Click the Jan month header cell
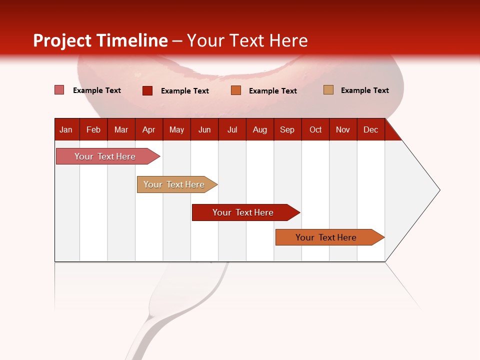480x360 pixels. (x=66, y=129)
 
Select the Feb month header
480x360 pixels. (x=93, y=129)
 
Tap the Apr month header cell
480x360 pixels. (x=149, y=129)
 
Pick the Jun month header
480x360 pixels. (x=204, y=129)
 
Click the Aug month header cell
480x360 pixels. (x=260, y=129)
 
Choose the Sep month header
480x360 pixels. (x=287, y=129)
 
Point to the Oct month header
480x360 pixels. (x=315, y=129)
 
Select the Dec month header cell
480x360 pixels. (x=371, y=129)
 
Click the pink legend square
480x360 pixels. (x=59, y=90)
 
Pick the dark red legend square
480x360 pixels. (x=147, y=90)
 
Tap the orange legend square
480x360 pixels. (x=236, y=90)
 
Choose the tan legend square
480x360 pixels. (x=328, y=90)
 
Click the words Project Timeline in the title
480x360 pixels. (x=100, y=40)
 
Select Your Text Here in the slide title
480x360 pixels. (x=247, y=40)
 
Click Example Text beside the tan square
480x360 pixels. (x=364, y=90)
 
